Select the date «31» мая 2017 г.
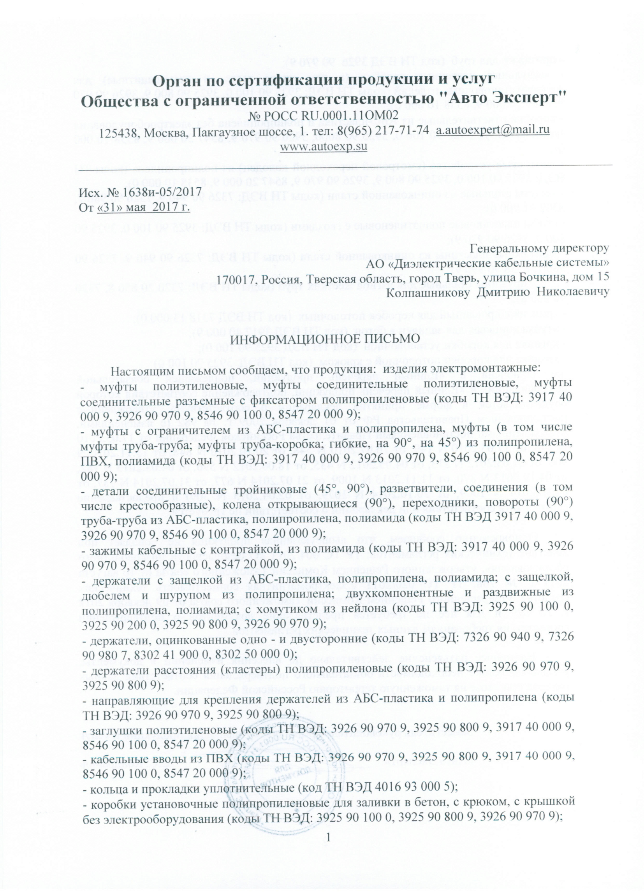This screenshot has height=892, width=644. click(144, 207)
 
